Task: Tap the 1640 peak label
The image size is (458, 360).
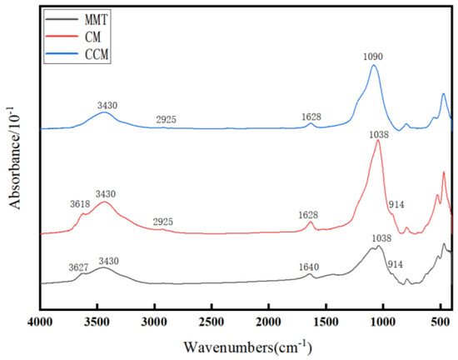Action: [x=309, y=267]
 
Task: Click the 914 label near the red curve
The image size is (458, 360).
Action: [x=397, y=205]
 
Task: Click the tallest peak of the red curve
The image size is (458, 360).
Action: [x=378, y=141]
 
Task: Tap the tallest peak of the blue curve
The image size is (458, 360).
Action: [x=373, y=67]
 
